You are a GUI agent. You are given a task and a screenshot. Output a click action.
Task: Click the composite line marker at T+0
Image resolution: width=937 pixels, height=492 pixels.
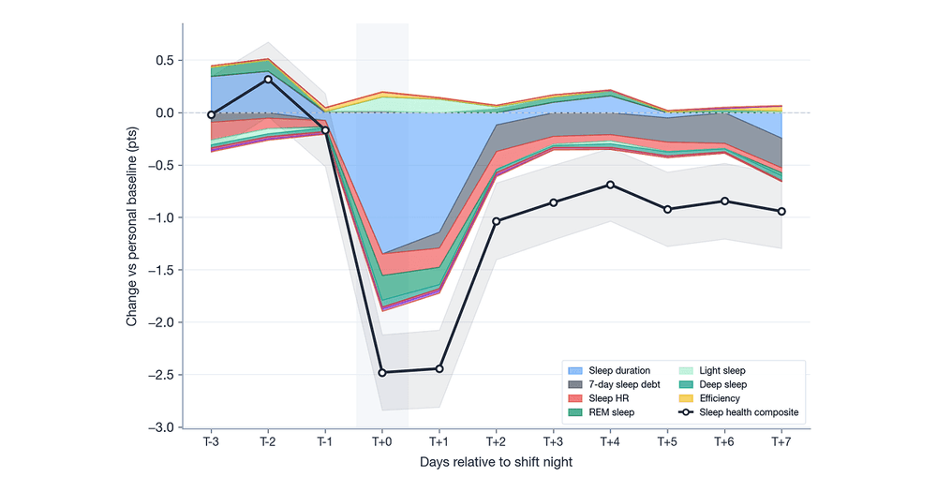pos(382,372)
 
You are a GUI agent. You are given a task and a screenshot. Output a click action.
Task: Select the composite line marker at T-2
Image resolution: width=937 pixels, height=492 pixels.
pos(268,79)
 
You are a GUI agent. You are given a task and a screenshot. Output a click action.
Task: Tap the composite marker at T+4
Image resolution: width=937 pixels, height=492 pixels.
pos(610,185)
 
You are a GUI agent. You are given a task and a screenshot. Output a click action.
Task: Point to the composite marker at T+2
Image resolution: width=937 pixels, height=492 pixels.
pos(496,221)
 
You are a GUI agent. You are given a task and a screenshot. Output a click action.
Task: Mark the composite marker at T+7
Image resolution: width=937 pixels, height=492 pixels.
pos(781,211)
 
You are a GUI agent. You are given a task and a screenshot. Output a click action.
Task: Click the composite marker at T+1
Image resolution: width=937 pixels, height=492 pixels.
pos(439,369)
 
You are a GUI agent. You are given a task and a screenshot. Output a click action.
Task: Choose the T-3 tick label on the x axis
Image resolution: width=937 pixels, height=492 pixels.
pos(211,441)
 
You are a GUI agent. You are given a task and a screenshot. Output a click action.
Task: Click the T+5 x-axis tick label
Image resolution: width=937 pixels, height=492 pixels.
pos(667,441)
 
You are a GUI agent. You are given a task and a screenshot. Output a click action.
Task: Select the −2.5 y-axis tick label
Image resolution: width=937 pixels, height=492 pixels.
pos(161,375)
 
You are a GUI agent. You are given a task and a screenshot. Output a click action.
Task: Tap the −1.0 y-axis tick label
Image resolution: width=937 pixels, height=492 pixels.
pos(161,217)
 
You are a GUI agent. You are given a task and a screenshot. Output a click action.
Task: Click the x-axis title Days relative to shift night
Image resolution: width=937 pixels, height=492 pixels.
pos(496,462)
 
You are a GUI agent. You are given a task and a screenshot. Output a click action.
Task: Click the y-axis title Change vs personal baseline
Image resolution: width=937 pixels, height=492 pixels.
pos(132,226)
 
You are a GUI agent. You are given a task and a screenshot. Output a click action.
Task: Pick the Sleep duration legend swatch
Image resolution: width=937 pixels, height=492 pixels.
pos(575,371)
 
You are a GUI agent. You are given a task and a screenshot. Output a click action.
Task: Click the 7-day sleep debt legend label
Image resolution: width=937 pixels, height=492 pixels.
pos(624,384)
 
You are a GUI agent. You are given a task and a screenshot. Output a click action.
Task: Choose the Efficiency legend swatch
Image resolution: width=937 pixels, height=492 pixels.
pos(686,398)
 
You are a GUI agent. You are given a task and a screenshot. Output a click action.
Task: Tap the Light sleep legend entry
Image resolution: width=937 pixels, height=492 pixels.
pos(712,371)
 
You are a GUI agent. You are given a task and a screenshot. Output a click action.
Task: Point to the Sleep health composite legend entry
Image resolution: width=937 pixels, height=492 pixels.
pos(738,412)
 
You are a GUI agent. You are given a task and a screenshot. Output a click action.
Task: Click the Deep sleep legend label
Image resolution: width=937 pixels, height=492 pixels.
pos(723,384)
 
